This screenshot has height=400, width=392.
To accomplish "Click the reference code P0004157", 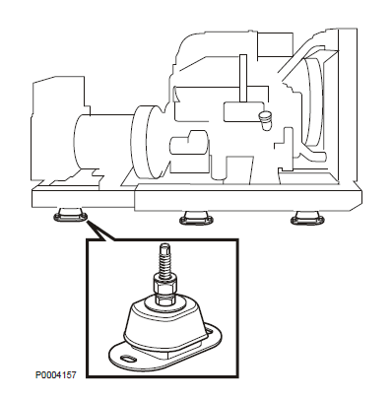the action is (56, 374).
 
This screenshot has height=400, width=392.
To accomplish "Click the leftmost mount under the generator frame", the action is (70, 215).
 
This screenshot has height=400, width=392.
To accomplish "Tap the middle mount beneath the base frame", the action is (196, 218).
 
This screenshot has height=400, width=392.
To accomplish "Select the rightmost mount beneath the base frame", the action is (308, 218).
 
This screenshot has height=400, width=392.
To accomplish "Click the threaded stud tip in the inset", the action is (163, 247).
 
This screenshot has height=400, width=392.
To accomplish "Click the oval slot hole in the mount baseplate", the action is (127, 359).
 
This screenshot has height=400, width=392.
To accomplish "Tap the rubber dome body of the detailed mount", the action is (164, 323).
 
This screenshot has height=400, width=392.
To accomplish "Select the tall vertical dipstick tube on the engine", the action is (243, 79).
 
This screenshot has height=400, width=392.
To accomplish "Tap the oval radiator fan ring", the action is (312, 101).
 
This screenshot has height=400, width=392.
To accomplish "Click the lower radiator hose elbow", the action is (312, 154).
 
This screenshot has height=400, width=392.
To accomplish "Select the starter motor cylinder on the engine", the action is (189, 143).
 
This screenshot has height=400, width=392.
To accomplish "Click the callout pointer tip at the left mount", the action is (87, 222).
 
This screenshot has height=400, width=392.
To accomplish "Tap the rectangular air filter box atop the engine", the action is (275, 44).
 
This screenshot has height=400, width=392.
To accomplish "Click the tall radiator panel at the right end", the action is (348, 105).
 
